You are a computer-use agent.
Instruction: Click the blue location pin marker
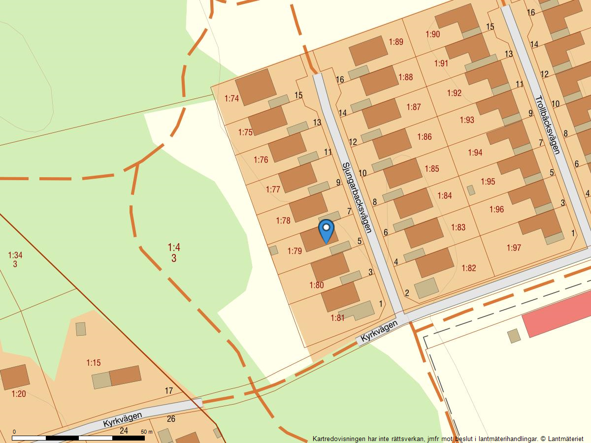click(x=326, y=230)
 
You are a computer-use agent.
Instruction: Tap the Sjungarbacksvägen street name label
click(x=356, y=197)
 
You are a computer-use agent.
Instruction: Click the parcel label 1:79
click(x=295, y=251)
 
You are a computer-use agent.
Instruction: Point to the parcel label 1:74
click(x=231, y=98)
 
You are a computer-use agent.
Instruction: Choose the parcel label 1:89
click(x=396, y=42)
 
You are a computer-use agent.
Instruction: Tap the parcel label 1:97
click(x=513, y=248)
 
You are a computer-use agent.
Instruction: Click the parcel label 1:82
click(x=469, y=268)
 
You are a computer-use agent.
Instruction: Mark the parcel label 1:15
click(x=94, y=363)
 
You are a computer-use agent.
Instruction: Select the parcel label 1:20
click(x=19, y=394)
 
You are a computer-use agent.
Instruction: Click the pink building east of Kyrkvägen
click(x=557, y=314)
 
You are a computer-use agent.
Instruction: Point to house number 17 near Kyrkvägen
click(x=169, y=391)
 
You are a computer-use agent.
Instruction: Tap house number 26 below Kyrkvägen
click(x=171, y=419)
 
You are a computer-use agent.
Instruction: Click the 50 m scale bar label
click(x=147, y=432)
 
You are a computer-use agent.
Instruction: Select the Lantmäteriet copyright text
click(x=561, y=438)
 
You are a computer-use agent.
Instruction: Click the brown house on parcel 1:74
click(x=256, y=87)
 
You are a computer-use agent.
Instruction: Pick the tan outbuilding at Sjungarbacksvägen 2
click(x=426, y=288)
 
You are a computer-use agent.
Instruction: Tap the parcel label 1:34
click(x=15, y=255)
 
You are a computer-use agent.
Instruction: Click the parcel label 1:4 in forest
click(x=174, y=247)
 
